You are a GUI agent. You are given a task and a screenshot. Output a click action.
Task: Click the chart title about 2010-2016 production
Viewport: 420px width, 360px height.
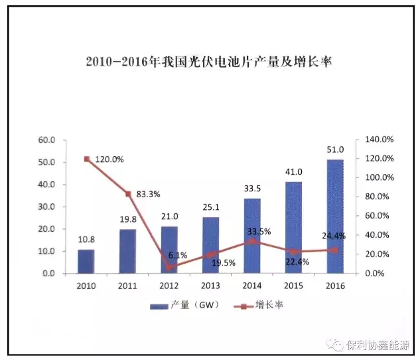coord(210,62)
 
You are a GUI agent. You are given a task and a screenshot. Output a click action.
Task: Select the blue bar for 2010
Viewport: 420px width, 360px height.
coord(86,261)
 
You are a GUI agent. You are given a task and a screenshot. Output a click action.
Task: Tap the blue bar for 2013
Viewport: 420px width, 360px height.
coord(210,245)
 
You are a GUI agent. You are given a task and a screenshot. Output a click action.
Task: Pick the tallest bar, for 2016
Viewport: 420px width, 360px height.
coord(335,217)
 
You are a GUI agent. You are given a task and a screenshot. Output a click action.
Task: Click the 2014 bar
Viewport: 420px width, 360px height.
coord(252,236)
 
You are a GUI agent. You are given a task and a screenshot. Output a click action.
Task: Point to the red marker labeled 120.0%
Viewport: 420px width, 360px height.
coord(86,159)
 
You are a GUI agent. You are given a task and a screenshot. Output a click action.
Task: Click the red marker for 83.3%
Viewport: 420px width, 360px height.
coord(128,194)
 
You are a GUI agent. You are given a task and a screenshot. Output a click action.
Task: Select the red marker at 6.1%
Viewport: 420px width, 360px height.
coord(169,268)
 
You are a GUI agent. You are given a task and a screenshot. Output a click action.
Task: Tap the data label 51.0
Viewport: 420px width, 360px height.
coord(335,151)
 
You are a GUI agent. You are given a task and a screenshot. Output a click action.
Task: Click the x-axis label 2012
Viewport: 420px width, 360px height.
coord(169,285)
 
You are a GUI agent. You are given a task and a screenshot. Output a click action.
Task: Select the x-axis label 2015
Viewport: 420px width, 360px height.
coord(294,285)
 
